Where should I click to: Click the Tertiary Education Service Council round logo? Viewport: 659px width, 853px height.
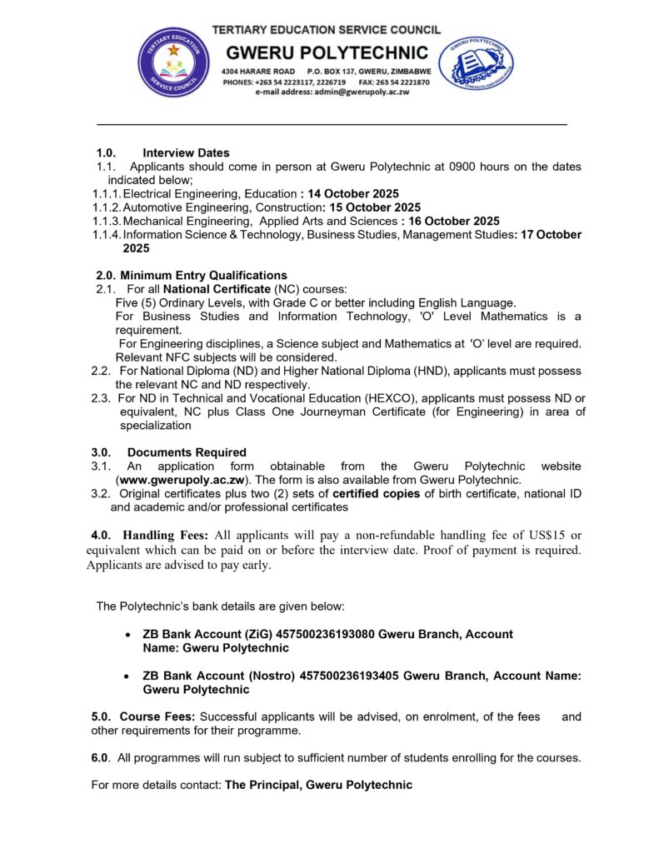(173, 62)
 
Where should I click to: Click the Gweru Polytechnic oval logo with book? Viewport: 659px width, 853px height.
(476, 62)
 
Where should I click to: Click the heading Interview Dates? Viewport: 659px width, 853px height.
(186, 153)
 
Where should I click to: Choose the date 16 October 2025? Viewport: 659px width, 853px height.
(454, 221)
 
